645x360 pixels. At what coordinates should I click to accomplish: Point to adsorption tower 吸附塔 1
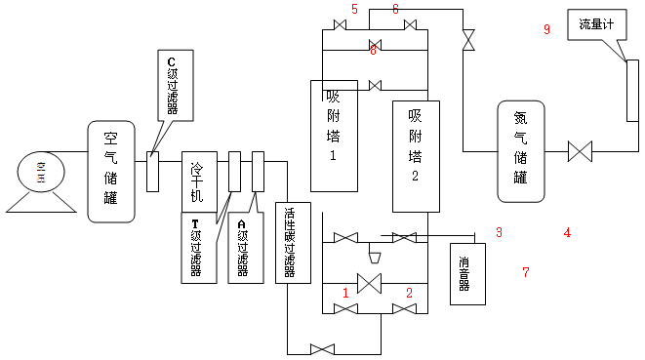point(334,135)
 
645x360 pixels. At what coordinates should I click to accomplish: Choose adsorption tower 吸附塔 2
point(415,156)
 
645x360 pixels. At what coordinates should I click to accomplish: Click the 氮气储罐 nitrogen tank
point(519,150)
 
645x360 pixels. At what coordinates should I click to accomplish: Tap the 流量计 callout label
point(595,23)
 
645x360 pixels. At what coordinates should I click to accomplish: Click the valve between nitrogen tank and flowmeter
point(580,151)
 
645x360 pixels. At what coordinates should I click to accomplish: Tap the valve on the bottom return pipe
point(321,349)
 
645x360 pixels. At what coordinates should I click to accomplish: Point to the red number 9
point(547,30)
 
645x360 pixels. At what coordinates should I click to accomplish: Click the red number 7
point(525,272)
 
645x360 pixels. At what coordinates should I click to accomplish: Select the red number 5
point(354,9)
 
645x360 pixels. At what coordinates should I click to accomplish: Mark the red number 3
point(499,232)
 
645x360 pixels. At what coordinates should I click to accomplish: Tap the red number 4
point(567,232)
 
